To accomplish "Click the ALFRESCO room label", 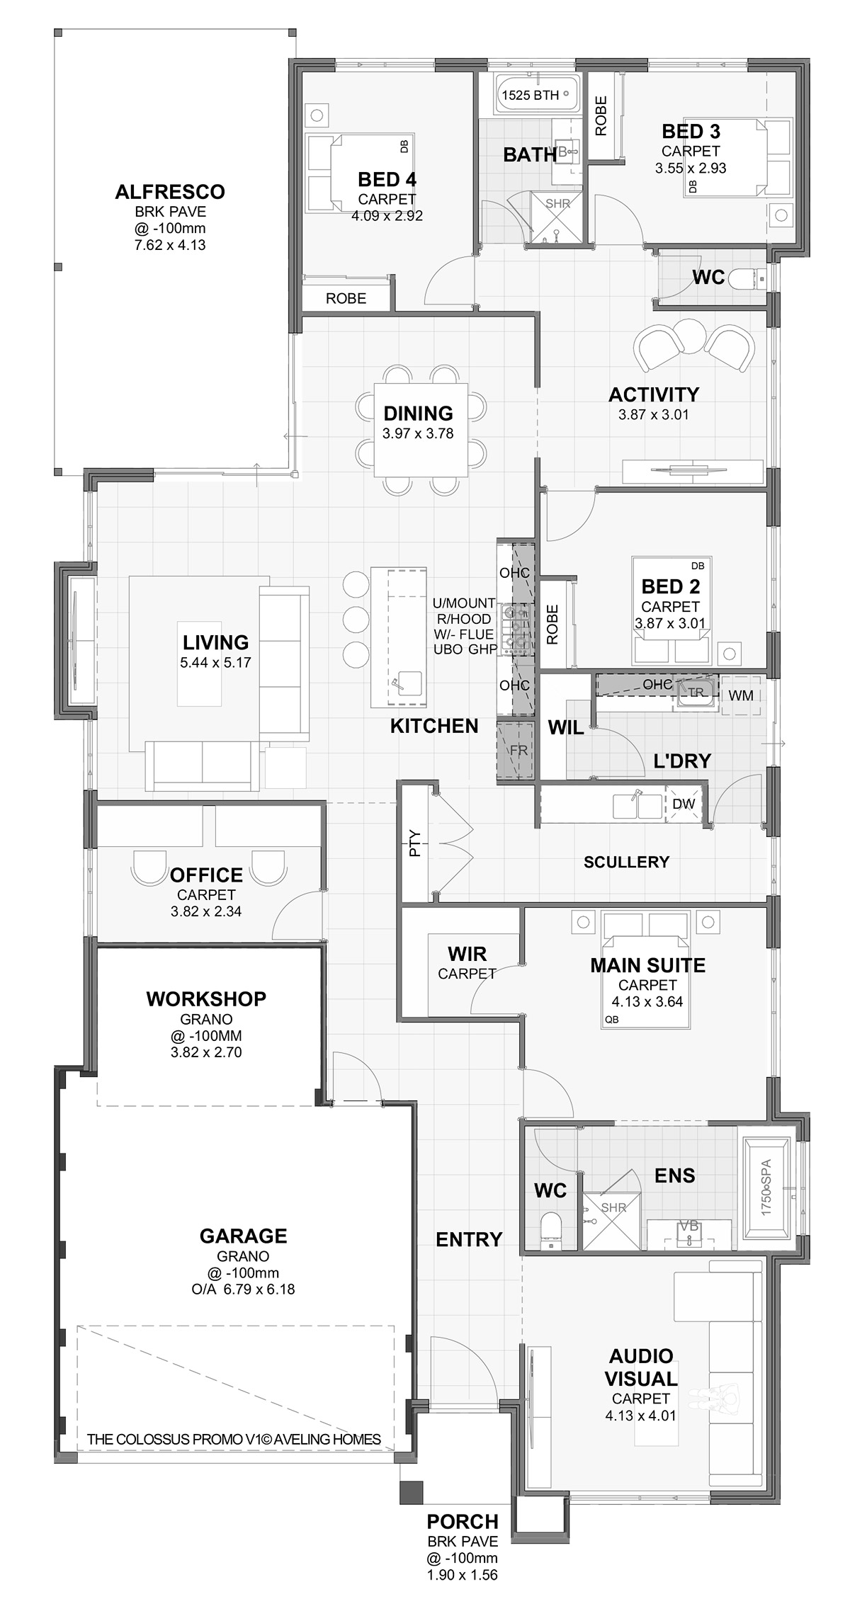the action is pos(170,192).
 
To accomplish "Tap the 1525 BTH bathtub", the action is pos(537,94).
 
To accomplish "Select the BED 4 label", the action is pos(387,179).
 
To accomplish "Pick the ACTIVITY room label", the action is pos(654,394).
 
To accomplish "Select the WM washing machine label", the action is pos(741,695).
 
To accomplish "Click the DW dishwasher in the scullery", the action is pos(684,804).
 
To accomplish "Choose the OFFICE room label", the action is pos(206,875).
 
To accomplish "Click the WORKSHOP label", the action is pos(206,999).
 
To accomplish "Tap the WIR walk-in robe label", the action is pos(467,954).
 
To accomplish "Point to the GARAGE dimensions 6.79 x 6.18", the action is pos(244,1289).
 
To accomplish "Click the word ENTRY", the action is pos(469,1239).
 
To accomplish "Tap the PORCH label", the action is pos(463,1521).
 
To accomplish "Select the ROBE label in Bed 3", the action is pos(601,115).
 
